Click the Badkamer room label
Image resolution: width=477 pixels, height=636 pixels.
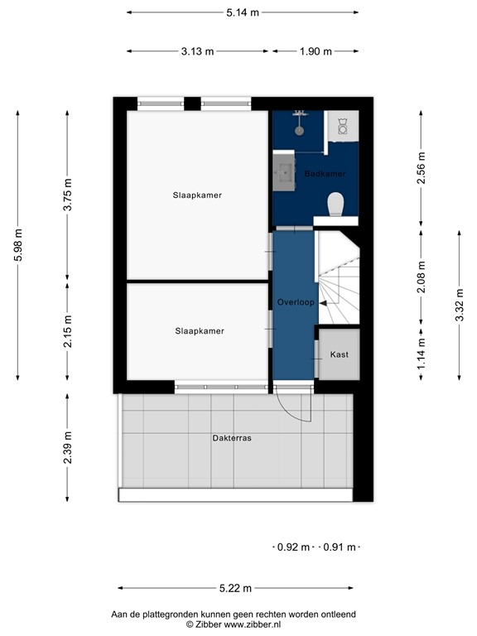click(x=325, y=174)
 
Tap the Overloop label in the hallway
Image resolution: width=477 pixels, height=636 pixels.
click(x=296, y=302)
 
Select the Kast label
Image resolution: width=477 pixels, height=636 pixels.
click(x=340, y=354)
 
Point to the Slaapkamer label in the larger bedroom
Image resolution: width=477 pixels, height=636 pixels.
click(x=197, y=195)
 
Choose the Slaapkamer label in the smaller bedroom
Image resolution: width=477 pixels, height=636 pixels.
click(x=199, y=330)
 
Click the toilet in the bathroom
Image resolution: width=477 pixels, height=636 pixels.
click(x=336, y=204)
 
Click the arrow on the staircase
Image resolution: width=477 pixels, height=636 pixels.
click(x=325, y=303)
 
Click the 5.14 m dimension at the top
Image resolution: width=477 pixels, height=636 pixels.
click(x=242, y=12)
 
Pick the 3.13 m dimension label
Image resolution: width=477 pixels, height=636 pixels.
click(x=197, y=51)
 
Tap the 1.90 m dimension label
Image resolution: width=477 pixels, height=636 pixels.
click(x=315, y=51)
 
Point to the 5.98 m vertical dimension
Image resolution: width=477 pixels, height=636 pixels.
click(x=18, y=245)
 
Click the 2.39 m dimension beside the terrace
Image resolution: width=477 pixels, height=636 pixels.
click(x=68, y=447)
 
